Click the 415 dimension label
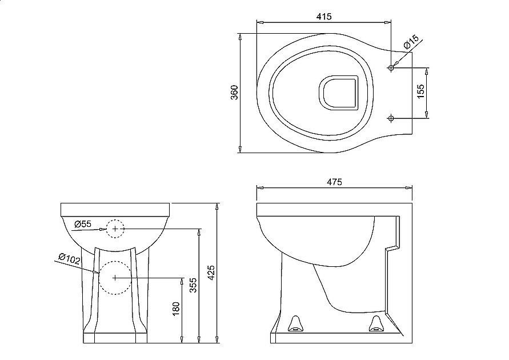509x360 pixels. pyautogui.click(x=324, y=16)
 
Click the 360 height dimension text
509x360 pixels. pyautogui.click(x=234, y=93)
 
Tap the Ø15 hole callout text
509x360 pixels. pyautogui.click(x=412, y=42)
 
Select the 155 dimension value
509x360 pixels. pyautogui.click(x=420, y=92)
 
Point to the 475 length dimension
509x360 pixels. pyautogui.click(x=334, y=182)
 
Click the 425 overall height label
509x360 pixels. pyautogui.click(x=211, y=273)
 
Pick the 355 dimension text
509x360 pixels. pyautogui.click(x=193, y=285)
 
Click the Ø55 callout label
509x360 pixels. pyautogui.click(x=83, y=224)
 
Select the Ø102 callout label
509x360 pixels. pyautogui.click(x=69, y=259)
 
